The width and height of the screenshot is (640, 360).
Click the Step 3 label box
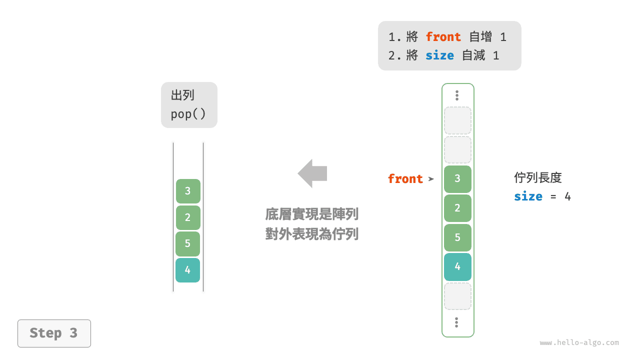54,333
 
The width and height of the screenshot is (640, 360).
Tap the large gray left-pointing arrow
312,173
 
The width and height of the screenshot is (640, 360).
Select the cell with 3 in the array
457,179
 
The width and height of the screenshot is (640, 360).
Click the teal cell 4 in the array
457,266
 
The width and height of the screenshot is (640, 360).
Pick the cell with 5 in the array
457,237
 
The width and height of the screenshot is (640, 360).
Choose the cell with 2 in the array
457,208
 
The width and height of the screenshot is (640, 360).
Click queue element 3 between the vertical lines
188,191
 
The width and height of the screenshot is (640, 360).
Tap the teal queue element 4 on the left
187,270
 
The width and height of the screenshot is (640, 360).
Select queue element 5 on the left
187,243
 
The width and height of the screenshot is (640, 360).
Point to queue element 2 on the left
188,217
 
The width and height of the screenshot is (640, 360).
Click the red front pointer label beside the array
405,179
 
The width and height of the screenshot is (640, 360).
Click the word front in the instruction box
443,37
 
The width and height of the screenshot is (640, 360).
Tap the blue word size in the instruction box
439,55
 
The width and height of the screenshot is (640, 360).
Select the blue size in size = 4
528,196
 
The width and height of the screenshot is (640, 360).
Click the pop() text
188,114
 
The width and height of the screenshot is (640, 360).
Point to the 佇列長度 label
537,177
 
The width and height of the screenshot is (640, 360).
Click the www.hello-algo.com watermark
579,343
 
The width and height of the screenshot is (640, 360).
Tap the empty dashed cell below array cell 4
457,296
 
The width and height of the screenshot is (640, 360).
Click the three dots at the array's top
457,95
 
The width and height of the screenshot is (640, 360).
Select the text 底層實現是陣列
311,214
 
